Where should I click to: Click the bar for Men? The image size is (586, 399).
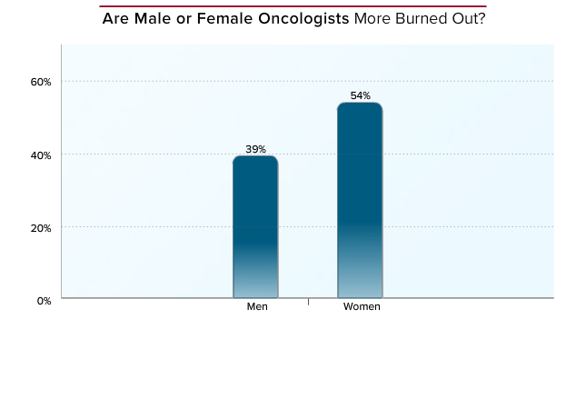pos(255,226)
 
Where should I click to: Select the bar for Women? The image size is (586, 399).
pos(360,200)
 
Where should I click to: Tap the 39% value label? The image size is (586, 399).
pos(255,149)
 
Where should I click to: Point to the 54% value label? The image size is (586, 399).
pos(361,95)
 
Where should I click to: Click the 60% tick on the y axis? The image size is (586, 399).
pos(41,82)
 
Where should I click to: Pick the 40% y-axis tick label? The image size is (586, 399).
pos(41,155)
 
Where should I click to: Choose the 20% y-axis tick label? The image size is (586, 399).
pos(41,228)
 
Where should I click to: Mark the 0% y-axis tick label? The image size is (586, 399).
pos(45,301)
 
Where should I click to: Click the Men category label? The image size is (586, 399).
pos(257,306)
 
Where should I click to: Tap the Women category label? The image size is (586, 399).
pos(362,306)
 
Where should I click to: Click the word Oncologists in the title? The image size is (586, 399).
pos(303,19)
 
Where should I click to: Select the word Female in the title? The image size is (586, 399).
pos(224,18)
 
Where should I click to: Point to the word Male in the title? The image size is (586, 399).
pos(153,18)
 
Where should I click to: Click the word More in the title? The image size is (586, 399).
pos(372,18)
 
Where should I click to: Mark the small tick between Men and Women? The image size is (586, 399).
pos(308,302)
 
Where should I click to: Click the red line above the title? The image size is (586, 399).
pos(293,6)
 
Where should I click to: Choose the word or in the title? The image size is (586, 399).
pos(184,19)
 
